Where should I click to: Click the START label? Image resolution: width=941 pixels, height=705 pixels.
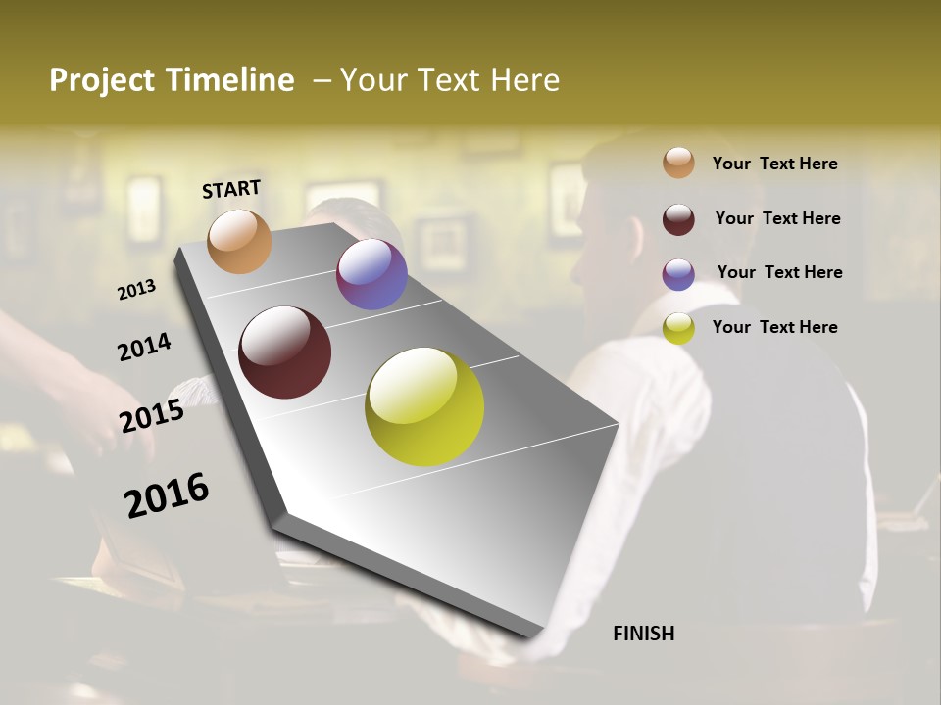point(231,189)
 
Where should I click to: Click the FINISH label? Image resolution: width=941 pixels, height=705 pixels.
point(643,634)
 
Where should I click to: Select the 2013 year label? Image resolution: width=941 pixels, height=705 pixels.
point(137,290)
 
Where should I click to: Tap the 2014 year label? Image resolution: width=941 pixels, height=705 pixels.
point(145,347)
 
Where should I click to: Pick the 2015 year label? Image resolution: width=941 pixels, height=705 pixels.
point(152,416)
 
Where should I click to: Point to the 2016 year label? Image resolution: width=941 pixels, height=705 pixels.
point(167,495)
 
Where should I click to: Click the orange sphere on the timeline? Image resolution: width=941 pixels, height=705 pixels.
point(239,241)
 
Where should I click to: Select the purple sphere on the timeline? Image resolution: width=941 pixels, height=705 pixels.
point(371,274)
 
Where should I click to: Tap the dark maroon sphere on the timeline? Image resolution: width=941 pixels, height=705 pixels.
point(284,352)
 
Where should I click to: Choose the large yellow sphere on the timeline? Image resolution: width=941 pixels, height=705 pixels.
point(424,406)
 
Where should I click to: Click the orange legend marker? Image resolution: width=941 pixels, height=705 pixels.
point(678,164)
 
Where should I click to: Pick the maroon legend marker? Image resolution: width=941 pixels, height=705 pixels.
point(678,219)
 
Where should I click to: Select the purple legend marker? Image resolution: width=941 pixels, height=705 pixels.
point(678,274)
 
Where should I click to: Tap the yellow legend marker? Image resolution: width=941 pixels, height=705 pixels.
point(678,328)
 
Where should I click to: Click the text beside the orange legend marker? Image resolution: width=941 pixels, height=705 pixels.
point(774,164)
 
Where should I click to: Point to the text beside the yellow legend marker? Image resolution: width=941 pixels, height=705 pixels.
point(774,327)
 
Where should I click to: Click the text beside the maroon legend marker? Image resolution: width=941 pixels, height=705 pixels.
point(777,218)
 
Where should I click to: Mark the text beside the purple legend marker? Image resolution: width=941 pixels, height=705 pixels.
point(779,272)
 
